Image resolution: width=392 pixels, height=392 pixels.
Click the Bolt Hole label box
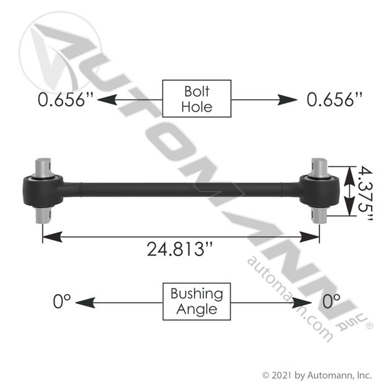pos(197,99)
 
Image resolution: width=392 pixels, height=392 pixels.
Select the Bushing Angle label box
pos(197,301)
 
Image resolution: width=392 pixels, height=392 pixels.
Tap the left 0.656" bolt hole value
pos(65,99)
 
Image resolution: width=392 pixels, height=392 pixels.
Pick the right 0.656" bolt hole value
pos(334,99)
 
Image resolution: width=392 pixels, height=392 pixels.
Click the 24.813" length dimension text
pos(179,249)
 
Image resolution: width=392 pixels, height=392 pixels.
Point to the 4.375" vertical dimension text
pos(365,194)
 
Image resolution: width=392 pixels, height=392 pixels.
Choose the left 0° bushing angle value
pos(62,301)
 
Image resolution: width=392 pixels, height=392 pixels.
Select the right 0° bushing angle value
pos(331,301)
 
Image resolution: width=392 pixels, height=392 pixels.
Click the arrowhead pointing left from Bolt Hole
pos(107,100)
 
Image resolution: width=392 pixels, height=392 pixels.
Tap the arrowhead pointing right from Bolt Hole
pos(288,100)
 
